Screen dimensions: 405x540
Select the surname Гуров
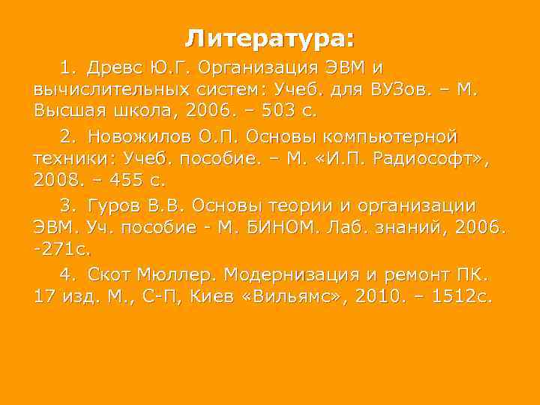(x=115, y=205)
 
